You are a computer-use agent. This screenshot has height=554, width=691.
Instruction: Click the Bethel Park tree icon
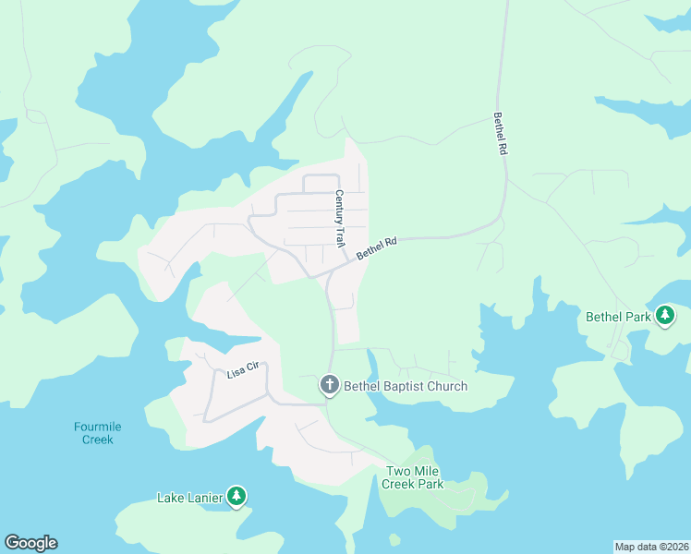[664, 316]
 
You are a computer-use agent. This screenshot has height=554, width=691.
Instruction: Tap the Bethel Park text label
[618, 317]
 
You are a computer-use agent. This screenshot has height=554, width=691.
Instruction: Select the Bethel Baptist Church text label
[406, 386]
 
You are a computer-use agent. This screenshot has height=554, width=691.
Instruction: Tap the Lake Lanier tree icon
[236, 498]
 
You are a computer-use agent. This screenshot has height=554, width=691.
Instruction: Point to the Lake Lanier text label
[189, 499]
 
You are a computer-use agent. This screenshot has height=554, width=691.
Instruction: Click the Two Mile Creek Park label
[414, 477]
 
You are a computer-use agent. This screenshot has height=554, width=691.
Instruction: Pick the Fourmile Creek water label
[98, 433]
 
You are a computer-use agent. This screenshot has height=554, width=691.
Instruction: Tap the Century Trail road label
[339, 218]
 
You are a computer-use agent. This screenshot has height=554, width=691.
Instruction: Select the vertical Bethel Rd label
[500, 134]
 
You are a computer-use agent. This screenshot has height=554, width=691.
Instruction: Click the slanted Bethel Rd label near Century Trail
[376, 247]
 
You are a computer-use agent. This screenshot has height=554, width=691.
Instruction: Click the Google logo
[30, 543]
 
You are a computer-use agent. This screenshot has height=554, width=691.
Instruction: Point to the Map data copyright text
[651, 546]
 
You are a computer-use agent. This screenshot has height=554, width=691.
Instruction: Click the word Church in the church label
[444, 386]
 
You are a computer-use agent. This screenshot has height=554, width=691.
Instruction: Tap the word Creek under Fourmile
[98, 440]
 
